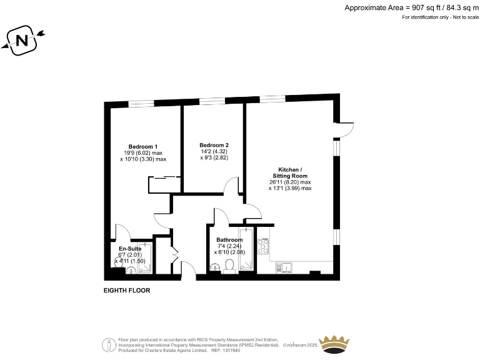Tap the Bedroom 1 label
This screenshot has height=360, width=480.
point(143,147)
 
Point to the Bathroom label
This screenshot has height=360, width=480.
point(229,240)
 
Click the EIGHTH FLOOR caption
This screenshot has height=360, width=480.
point(127,291)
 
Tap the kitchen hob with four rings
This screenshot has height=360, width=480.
point(263,245)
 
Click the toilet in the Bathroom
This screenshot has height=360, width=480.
point(229,266)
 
